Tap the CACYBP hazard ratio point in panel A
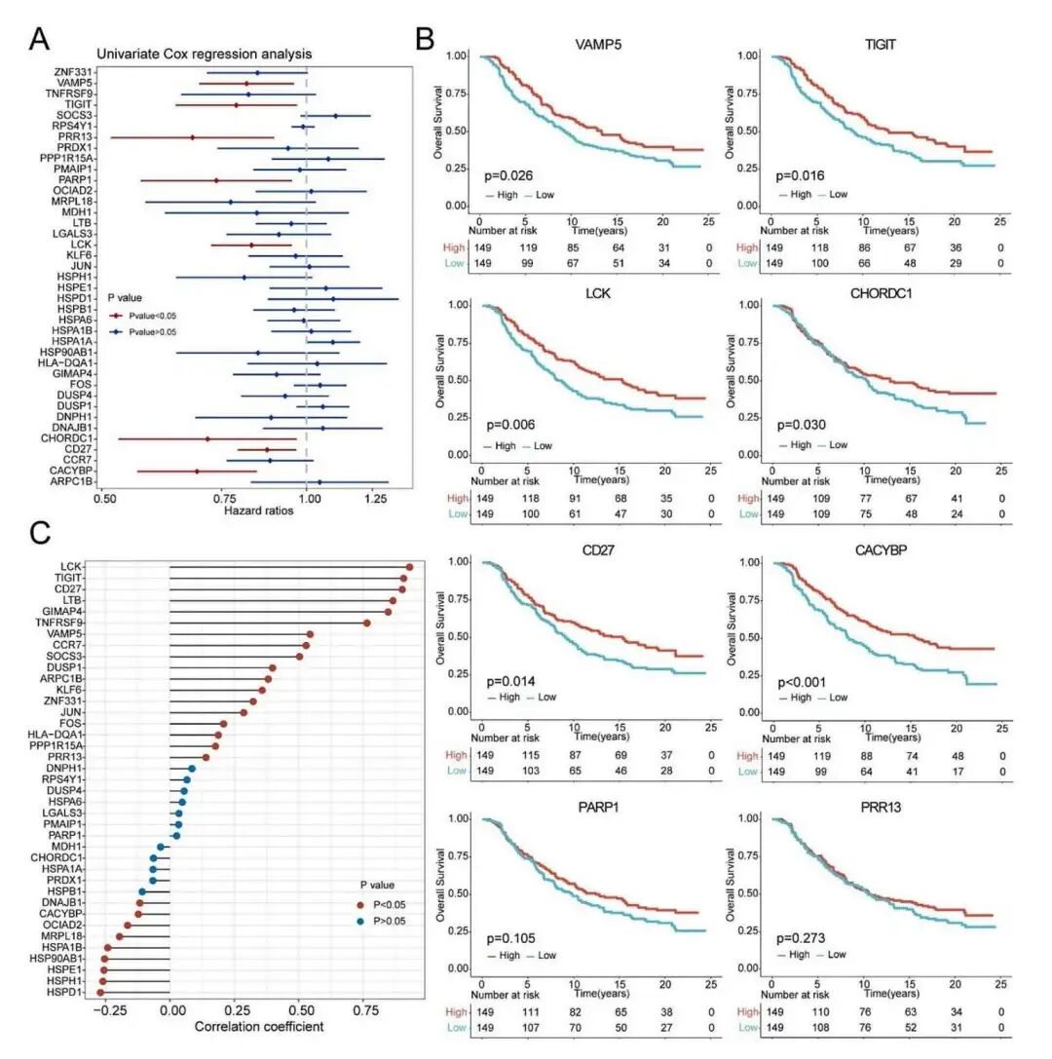pos(197,472)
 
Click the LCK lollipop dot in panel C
pos(410,567)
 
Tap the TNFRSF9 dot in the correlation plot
pos(367,622)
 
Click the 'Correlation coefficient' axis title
pos(259,1027)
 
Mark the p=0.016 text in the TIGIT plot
pos(798,176)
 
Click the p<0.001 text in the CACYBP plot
pos(801,680)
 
